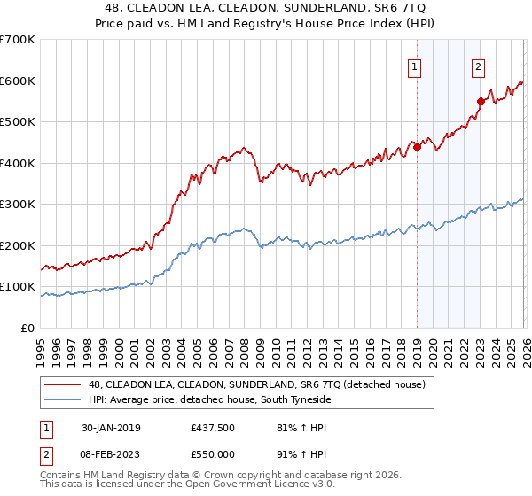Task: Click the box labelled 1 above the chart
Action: (414, 65)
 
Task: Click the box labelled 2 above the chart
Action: (478, 65)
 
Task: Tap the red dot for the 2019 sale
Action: (417, 148)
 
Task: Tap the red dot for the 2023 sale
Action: (481, 101)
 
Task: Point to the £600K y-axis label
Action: (18, 81)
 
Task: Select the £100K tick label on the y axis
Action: (18, 287)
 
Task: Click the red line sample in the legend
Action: (63, 384)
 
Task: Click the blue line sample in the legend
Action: (63, 399)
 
